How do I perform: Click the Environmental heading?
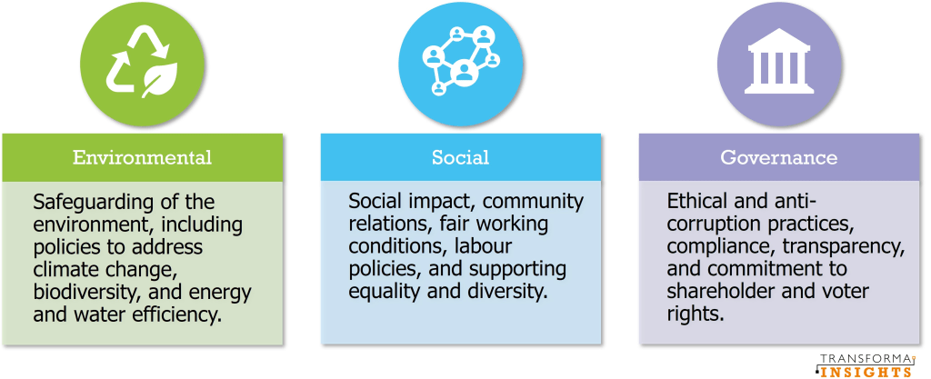tap(142, 157)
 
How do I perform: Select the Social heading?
tap(461, 157)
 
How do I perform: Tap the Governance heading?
tap(779, 157)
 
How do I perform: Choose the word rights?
tap(696, 314)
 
